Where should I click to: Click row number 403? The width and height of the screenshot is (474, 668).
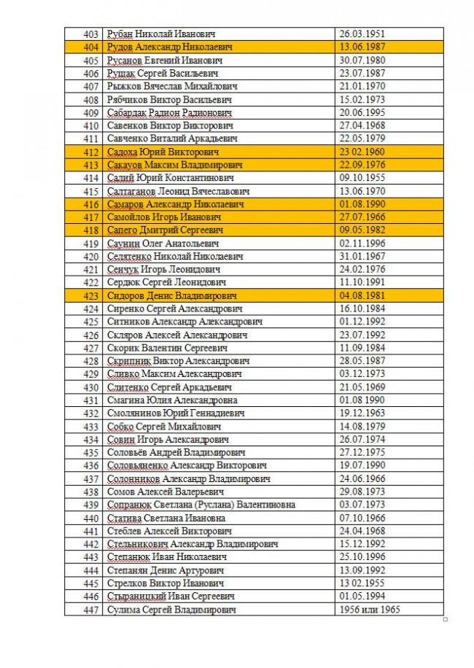[90, 34]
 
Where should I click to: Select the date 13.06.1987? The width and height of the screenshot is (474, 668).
[362, 47]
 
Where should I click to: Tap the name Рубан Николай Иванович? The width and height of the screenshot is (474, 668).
[160, 34]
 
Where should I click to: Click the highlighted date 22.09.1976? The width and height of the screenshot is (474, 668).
[362, 166]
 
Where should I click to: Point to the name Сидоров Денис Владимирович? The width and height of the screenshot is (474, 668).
[171, 296]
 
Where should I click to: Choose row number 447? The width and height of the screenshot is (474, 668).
[90, 610]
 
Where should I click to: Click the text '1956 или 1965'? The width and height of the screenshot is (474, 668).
[370, 610]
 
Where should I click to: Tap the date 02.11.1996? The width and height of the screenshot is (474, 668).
[362, 244]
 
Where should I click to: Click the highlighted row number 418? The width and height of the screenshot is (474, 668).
[90, 230]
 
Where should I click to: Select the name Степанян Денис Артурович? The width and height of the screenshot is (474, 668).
[166, 570]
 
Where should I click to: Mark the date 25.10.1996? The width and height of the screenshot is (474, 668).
[362, 557]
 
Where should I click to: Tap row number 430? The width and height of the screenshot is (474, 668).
[90, 387]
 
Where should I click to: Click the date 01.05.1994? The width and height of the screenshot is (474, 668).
[362, 597]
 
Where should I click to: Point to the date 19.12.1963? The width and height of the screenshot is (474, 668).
[362, 413]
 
